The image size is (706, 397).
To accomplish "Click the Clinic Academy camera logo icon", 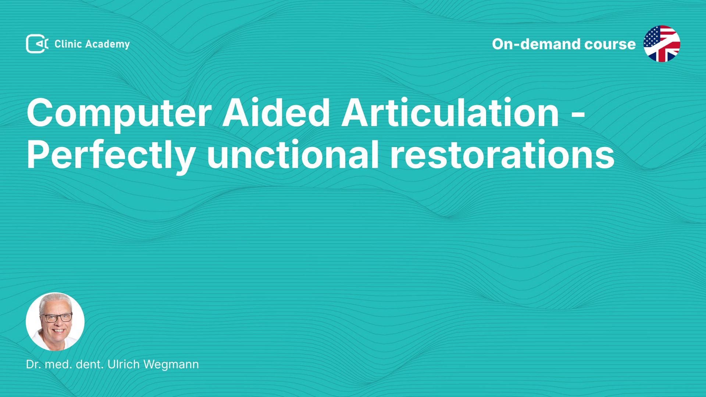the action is click(37, 44).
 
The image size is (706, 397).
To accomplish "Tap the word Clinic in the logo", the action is click(68, 44).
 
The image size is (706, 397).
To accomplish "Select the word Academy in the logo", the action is click(108, 44).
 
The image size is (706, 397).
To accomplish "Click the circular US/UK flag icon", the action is click(662, 44).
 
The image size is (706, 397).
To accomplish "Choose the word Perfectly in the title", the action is click(110, 155).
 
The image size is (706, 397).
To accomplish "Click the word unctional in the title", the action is click(293, 154).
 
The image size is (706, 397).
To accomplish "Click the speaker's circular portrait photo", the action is click(55, 322).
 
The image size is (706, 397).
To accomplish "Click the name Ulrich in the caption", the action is click(124, 364).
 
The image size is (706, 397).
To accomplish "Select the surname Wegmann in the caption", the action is click(171, 365).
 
